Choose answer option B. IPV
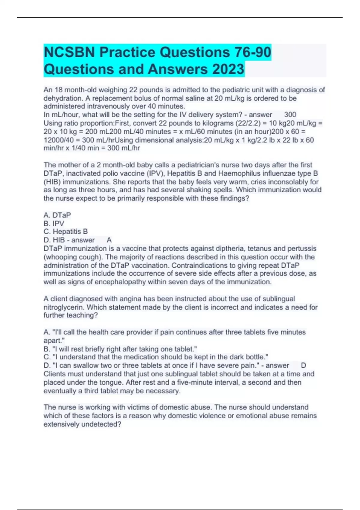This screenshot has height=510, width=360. tap(54, 223)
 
